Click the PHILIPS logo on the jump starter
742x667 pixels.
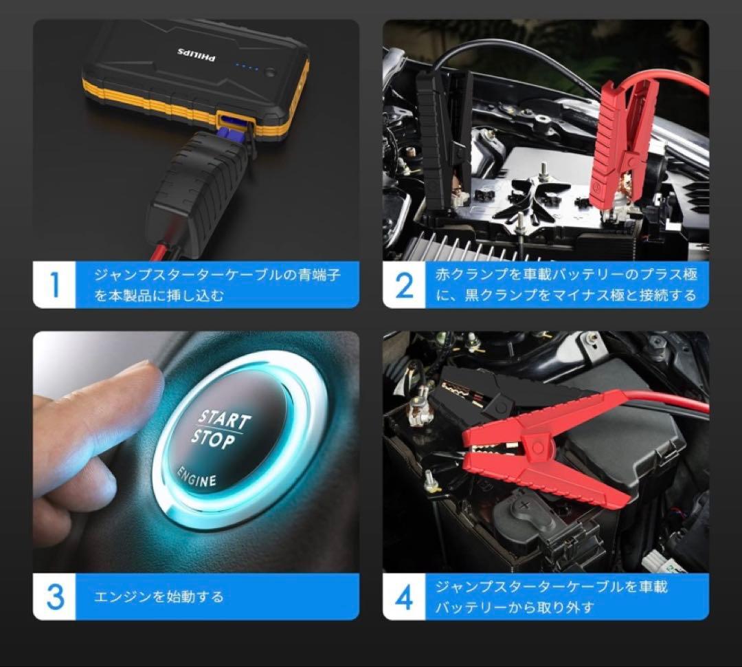(196, 52)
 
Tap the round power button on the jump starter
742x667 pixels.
(269, 71)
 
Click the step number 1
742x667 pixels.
(54, 285)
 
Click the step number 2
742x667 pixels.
(405, 285)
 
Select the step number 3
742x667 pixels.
(54, 597)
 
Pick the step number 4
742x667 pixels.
(405, 597)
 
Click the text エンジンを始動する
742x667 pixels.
(159, 597)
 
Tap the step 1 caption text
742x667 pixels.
(216, 285)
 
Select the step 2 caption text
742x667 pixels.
(567, 285)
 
